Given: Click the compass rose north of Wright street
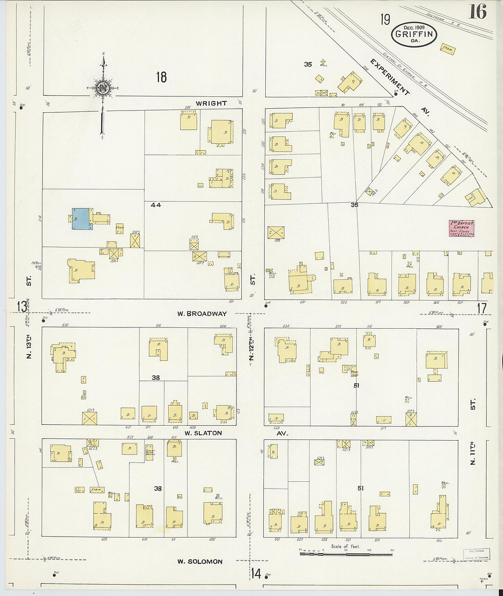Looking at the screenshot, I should (103, 87).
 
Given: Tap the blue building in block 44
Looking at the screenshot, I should (81, 219).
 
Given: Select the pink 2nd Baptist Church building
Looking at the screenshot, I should (461, 228).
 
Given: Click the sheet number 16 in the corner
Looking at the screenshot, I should (477, 11).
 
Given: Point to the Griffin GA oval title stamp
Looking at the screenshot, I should (414, 34).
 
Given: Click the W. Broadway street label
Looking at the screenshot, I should (202, 314).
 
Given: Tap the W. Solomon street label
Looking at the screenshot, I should (200, 561).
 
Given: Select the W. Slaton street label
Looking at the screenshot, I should (203, 433).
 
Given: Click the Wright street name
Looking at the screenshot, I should (211, 103).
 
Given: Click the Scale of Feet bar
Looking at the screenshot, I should (346, 554).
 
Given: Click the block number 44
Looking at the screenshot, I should (155, 205).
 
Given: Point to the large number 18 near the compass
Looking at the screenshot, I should (161, 77).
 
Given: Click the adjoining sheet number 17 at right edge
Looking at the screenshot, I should (482, 309).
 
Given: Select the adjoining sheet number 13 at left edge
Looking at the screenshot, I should (21, 306).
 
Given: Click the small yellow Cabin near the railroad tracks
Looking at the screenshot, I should (448, 49).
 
